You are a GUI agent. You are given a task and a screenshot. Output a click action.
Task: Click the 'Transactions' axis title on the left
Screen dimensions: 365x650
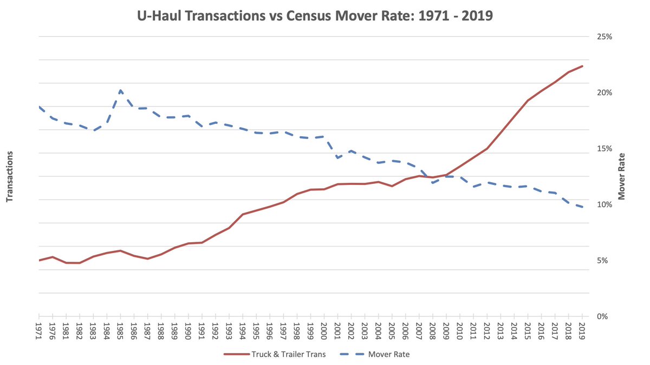tap(9, 176)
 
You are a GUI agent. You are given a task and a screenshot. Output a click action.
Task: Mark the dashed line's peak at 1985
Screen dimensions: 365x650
tap(120, 90)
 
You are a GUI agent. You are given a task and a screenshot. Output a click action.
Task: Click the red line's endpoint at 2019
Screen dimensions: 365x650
tap(582, 66)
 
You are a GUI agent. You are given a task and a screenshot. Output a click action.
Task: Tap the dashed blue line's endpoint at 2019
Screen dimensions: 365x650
tap(582, 207)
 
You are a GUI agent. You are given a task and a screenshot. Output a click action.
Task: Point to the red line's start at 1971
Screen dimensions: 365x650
tap(40, 260)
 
